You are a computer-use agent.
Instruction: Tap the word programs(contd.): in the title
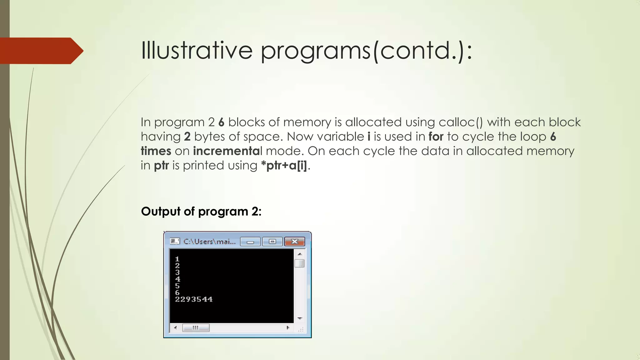pos(366,51)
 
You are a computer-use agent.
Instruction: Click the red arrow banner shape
pos(41,51)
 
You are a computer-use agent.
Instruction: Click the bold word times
pos(156,151)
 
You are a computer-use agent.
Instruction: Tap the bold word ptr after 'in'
pos(161,166)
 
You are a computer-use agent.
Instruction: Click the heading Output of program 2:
pos(201,212)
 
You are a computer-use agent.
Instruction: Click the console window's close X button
pos(294,242)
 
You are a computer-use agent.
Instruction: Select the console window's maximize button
pos(272,242)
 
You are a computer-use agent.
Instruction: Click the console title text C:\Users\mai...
pos(209,242)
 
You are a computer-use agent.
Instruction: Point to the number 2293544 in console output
pos(194,299)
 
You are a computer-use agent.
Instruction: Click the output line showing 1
pos(177,259)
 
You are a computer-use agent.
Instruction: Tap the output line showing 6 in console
pos(177,293)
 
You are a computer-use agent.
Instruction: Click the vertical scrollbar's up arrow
pos(300,254)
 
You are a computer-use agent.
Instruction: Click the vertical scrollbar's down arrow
pos(300,318)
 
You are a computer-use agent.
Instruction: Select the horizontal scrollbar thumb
pos(196,328)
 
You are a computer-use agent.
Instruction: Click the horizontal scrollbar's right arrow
pos(288,328)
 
